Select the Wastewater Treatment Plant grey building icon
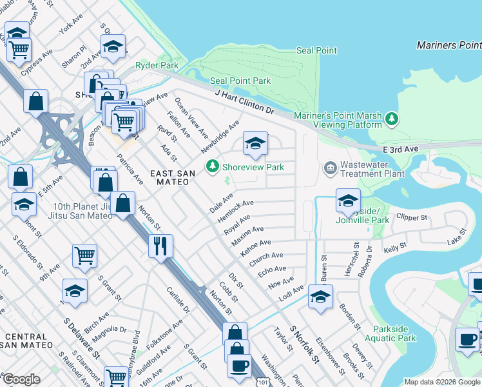(330, 168)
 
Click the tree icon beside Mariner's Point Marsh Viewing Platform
(391, 118)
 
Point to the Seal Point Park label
(241, 81)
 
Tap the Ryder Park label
(157, 66)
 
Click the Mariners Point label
(448, 45)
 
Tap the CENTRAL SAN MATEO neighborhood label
(26, 341)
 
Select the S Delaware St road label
(82, 338)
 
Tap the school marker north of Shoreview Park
(255, 144)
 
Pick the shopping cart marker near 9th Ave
(84, 257)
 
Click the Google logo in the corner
(21, 379)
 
